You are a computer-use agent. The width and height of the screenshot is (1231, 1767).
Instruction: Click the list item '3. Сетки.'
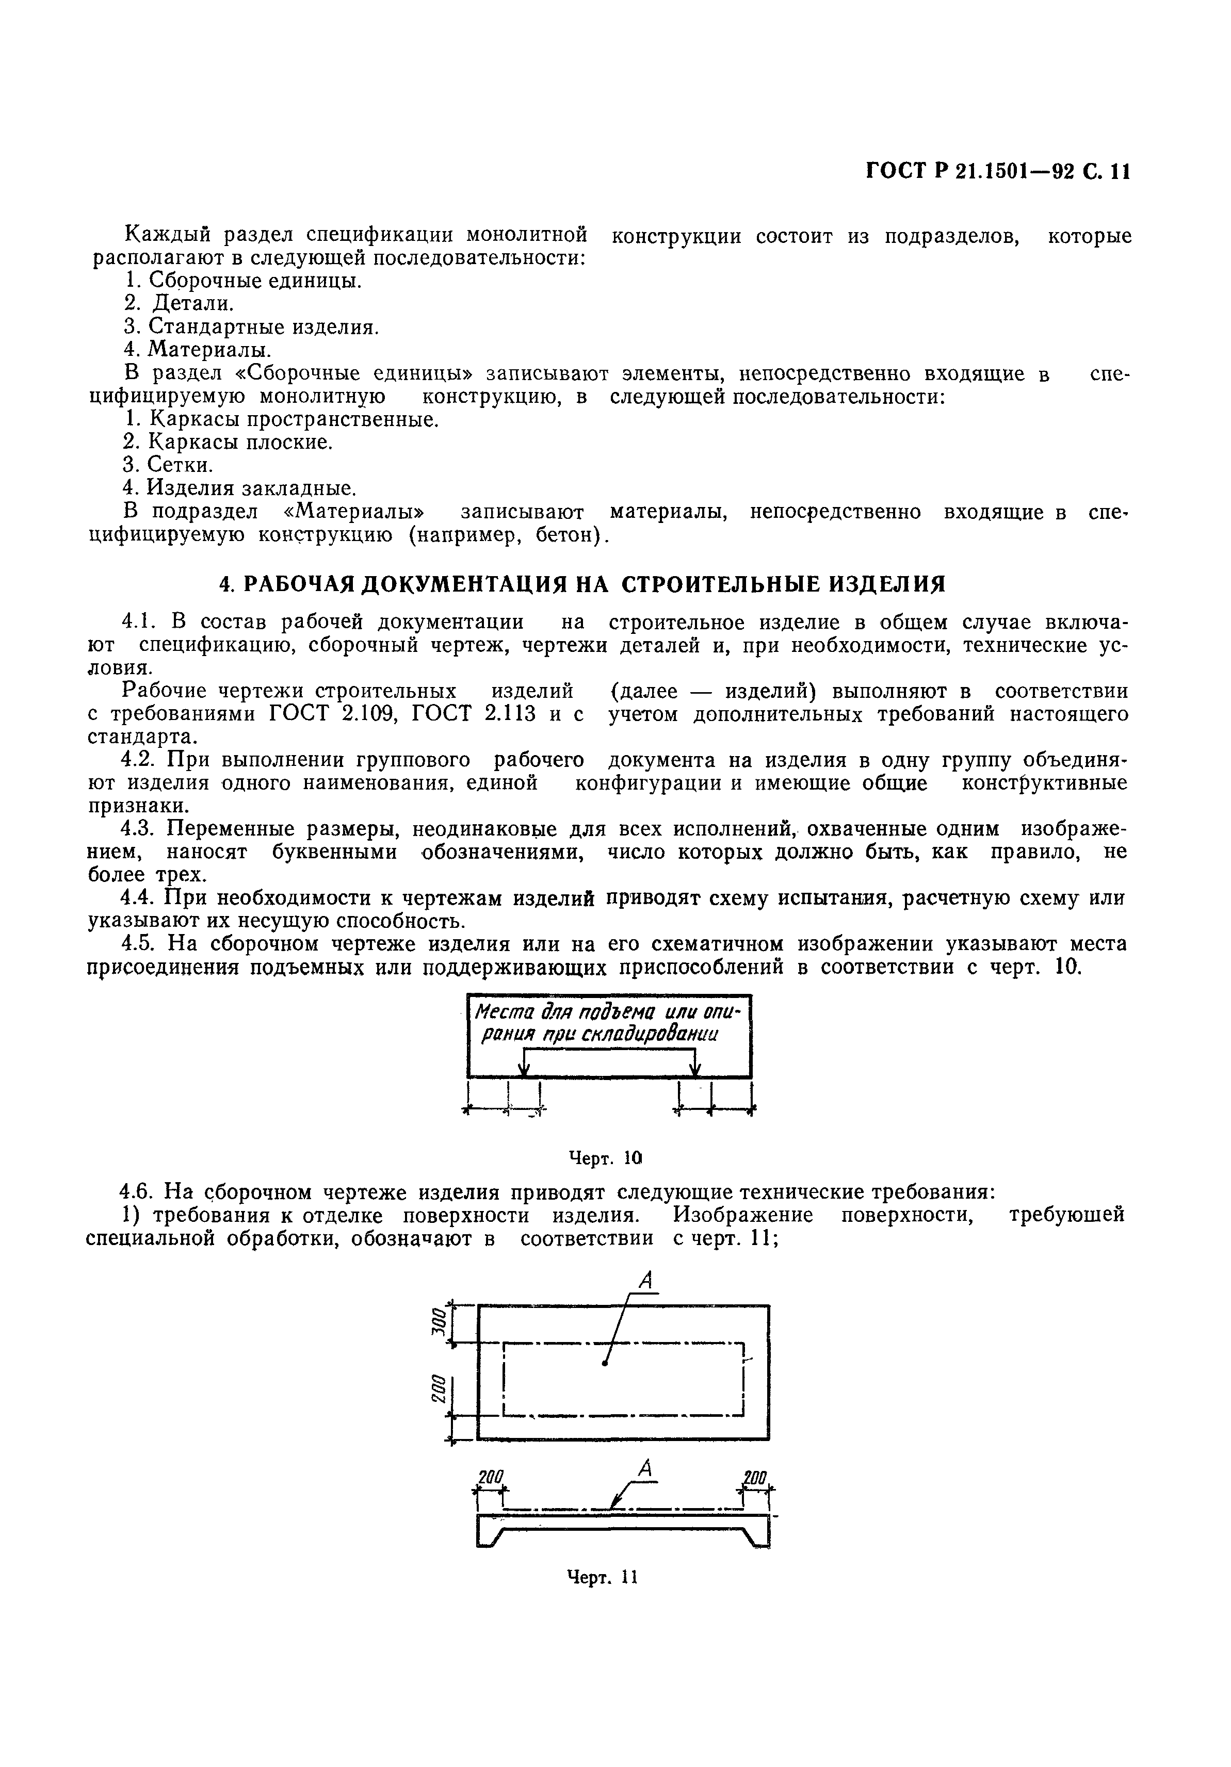point(168,465)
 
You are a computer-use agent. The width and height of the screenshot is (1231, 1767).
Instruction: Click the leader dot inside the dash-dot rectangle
point(605,1364)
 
